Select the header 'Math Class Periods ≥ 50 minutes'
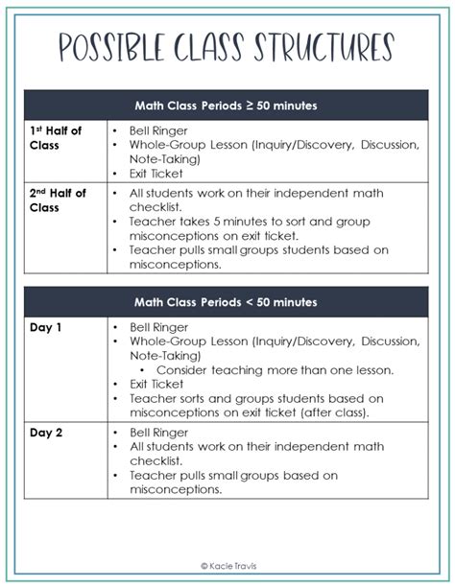tap(227, 106)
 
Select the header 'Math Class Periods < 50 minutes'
tap(227, 302)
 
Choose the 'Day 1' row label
tap(47, 327)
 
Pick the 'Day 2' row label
tap(47, 432)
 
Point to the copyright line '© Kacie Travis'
tap(227, 566)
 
